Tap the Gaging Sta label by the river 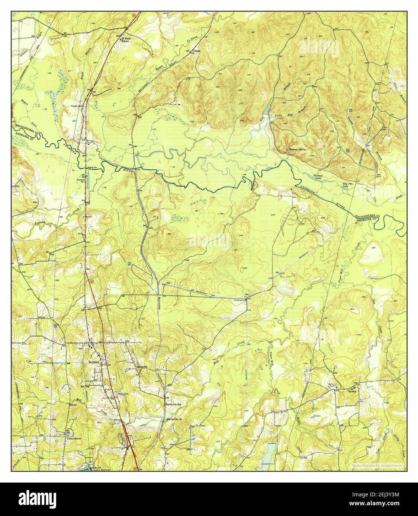point(92,167)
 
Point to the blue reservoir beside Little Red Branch point(266,109)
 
